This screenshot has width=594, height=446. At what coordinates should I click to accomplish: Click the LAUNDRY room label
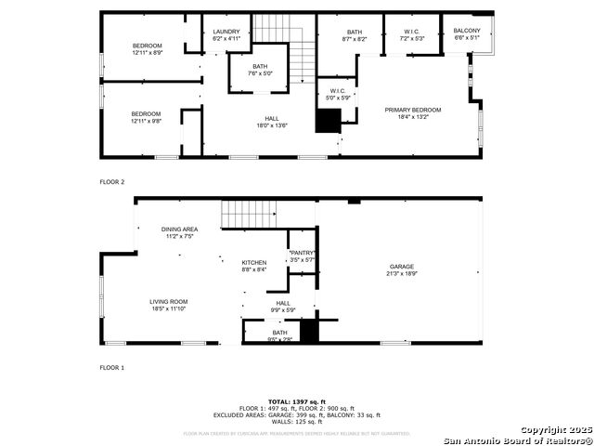(x=226, y=32)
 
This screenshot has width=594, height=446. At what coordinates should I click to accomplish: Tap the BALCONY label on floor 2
(x=467, y=32)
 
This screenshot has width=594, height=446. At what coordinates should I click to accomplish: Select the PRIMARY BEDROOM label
(x=413, y=110)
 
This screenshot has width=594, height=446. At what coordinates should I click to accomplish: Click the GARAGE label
(x=401, y=267)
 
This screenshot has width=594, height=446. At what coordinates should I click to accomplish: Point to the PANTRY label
(x=303, y=253)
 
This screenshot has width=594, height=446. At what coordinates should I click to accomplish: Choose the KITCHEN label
(x=254, y=263)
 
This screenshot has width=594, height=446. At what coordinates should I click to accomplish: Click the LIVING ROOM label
(x=169, y=301)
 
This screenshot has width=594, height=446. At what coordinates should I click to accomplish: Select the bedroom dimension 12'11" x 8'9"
(x=148, y=52)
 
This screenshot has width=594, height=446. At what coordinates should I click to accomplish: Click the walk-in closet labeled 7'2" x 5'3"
(x=411, y=38)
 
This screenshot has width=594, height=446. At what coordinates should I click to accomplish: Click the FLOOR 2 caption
(x=111, y=182)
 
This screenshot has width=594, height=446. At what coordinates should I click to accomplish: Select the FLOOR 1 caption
(x=111, y=368)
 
